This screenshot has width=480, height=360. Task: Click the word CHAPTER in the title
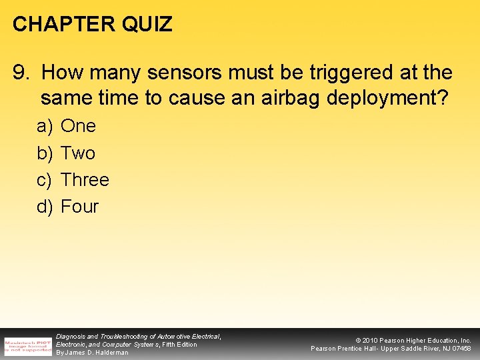tap(54, 25)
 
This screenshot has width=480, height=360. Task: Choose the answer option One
tap(78, 126)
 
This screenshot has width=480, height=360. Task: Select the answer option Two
tap(78, 153)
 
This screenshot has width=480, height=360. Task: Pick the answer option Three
tap(85, 180)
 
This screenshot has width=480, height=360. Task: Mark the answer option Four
tap(79, 207)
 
